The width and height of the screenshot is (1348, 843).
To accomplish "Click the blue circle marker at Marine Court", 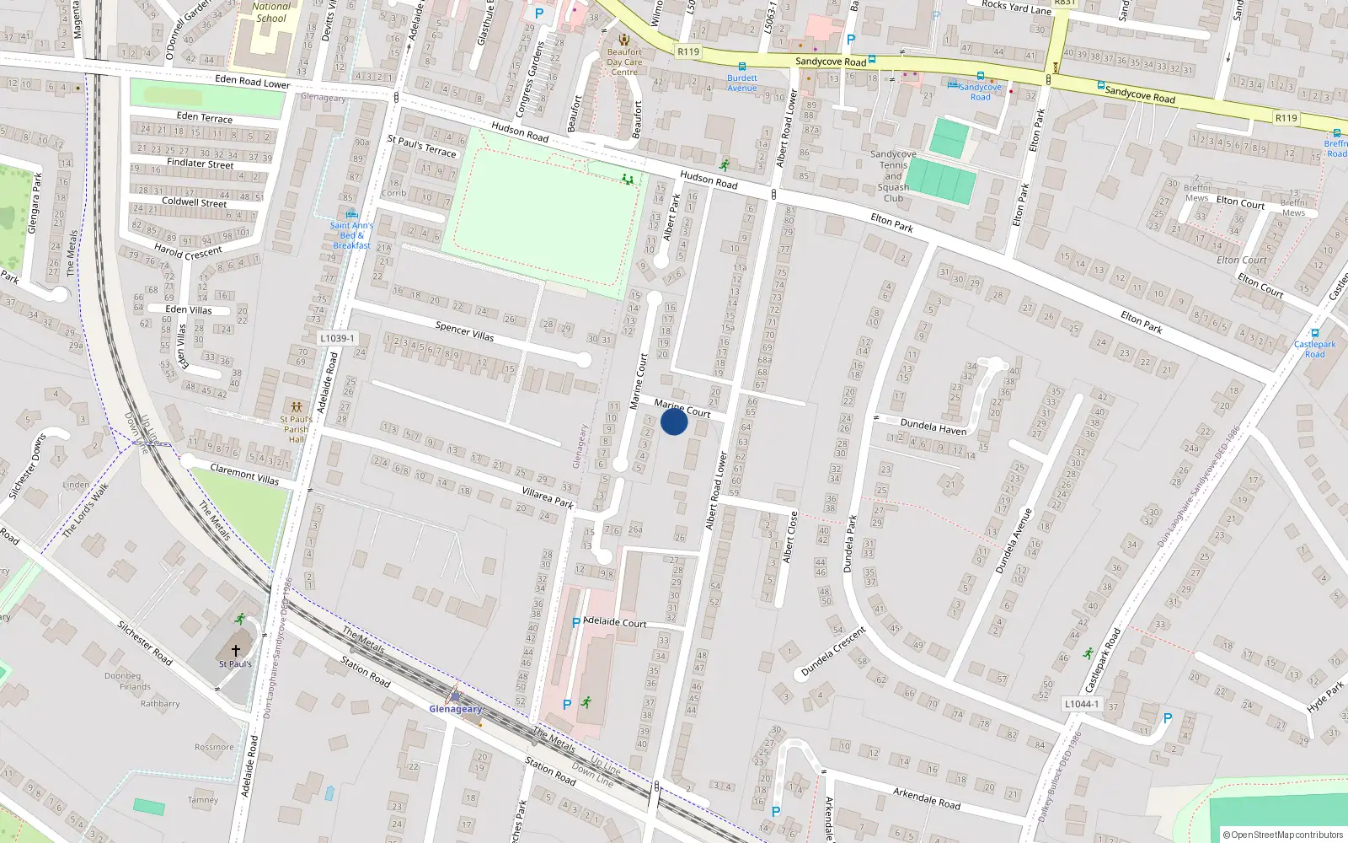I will click(674, 421).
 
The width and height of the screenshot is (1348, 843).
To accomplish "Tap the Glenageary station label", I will click(456, 709).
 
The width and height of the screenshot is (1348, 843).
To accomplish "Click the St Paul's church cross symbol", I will click(236, 650).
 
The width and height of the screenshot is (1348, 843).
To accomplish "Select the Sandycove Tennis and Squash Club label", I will click(893, 176).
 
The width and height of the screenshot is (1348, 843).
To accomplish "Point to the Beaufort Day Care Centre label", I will click(624, 62).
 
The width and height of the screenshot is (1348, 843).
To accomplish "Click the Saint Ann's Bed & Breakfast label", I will click(351, 235).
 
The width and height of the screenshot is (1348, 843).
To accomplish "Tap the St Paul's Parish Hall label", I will click(297, 429).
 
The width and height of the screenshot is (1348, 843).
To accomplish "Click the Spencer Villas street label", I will click(465, 331).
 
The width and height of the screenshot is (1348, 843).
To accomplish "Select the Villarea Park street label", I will click(548, 497).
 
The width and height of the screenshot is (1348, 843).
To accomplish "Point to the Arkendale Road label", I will click(927, 797).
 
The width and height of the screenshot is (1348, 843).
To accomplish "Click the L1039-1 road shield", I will click(337, 338).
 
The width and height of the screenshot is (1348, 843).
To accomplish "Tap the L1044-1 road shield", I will click(1081, 704).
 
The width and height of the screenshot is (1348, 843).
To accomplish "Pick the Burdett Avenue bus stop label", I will click(742, 83).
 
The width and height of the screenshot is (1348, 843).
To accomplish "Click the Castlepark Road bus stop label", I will click(1315, 349).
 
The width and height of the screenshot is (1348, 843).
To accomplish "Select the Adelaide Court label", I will click(615, 622).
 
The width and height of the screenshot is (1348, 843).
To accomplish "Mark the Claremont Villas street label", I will click(244, 474).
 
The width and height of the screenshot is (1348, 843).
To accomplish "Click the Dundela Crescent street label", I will click(833, 652).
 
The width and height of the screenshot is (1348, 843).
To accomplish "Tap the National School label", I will click(271, 12).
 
